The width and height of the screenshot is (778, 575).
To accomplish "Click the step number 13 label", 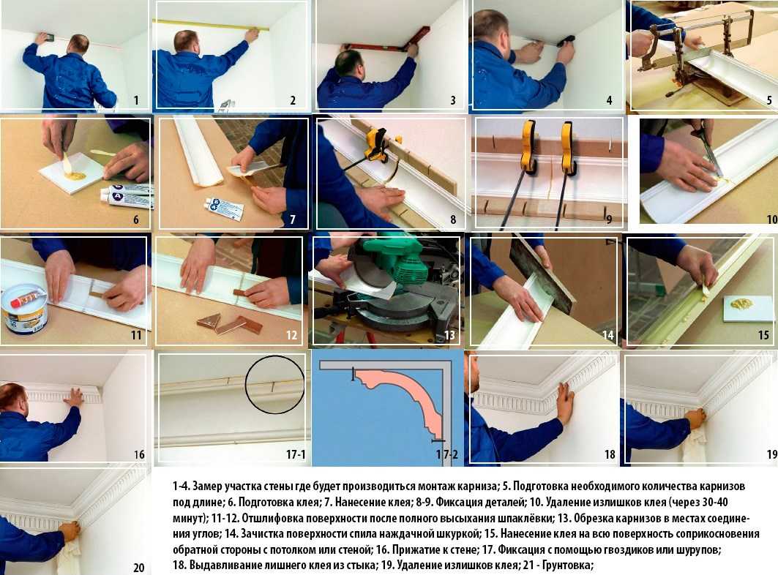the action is (x=449, y=335).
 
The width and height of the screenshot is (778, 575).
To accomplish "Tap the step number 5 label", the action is (x=769, y=100).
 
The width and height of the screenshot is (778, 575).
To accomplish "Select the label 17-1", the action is (x=296, y=454).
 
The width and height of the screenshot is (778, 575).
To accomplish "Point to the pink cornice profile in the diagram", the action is (x=403, y=397).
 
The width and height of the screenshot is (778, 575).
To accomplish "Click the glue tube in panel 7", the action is (x=224, y=208).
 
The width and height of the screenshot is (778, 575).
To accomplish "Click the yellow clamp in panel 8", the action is (x=377, y=145).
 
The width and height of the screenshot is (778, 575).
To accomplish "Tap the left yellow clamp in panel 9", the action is (x=529, y=147).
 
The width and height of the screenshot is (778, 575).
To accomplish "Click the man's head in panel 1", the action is (x=79, y=44).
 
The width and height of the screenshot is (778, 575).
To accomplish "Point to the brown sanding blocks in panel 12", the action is (x=229, y=323).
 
